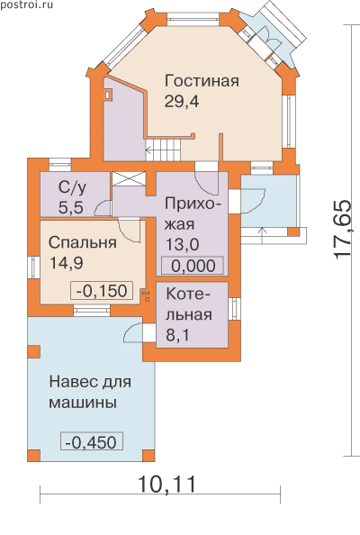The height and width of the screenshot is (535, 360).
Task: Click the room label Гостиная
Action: click(202, 81)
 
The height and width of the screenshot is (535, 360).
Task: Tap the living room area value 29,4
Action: click(182, 101)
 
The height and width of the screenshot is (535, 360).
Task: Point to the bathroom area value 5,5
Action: click(71, 207)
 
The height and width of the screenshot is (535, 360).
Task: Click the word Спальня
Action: click(83, 243)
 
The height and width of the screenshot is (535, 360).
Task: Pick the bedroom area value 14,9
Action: click(67, 263)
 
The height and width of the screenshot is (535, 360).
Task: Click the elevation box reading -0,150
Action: click(102, 291)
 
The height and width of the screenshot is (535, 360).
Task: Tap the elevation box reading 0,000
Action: click(193, 266)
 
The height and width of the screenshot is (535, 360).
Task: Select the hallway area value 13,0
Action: click(183, 244)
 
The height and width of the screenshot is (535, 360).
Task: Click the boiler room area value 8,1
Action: click(177, 335)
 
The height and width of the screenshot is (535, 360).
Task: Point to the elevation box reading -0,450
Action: click(92, 442)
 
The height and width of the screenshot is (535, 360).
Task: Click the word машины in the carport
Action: click(83, 403)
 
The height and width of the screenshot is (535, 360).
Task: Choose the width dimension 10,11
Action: click(167, 485)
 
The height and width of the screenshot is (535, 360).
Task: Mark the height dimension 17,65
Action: click(343, 230)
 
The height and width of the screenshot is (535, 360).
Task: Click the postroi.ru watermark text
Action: click(27, 5)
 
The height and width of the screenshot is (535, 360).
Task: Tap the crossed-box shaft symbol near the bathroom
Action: click(130, 179)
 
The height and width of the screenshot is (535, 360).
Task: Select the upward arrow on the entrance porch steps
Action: click(262, 235)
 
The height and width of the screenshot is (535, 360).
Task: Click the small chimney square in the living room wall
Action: click(107, 95)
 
